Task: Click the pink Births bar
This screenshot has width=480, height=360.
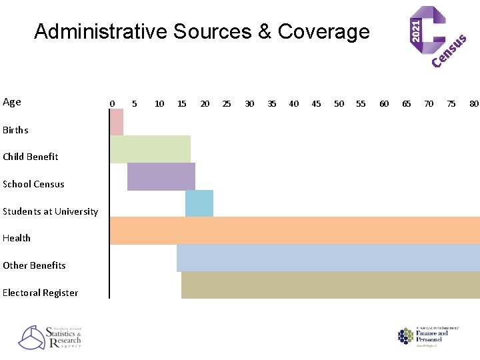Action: tap(117, 122)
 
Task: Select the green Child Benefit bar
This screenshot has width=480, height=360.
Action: tap(150, 149)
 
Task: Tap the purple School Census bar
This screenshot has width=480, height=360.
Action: tap(161, 177)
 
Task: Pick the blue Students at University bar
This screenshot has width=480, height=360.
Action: tap(199, 203)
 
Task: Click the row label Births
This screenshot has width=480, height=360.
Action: tap(15, 130)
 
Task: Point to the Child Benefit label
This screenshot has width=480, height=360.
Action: tap(30, 157)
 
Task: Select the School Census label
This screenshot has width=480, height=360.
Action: tap(33, 184)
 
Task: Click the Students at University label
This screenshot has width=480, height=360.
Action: tap(50, 211)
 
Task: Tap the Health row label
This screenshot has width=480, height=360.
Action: tap(17, 238)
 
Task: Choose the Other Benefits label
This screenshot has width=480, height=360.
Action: tap(34, 265)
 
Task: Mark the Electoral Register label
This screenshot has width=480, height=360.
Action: tap(40, 293)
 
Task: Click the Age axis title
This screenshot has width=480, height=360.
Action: tap(12, 102)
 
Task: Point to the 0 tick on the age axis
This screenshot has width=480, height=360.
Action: tap(112, 103)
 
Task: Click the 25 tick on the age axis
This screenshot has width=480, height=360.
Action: tap(227, 103)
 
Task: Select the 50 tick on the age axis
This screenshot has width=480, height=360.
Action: tap(339, 103)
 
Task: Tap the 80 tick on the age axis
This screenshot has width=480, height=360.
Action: tap(473, 103)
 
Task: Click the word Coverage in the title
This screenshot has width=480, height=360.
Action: tap(323, 31)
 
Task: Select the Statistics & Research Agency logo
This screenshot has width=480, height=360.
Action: tap(50, 337)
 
